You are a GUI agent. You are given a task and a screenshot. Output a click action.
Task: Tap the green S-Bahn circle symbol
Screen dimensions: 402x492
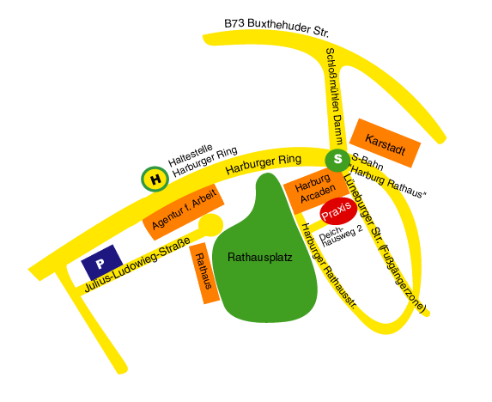click(x=337, y=159)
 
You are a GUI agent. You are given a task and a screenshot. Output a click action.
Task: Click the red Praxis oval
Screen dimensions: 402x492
click(x=337, y=213)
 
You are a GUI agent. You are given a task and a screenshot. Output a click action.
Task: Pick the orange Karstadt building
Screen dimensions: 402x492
click(x=385, y=142)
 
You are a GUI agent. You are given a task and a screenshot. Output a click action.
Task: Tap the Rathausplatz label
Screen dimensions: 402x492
click(x=259, y=257)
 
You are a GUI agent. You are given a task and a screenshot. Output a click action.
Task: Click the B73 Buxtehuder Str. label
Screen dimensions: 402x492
click(x=276, y=25)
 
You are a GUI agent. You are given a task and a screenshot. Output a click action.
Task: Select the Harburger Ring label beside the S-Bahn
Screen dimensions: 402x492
click(x=264, y=164)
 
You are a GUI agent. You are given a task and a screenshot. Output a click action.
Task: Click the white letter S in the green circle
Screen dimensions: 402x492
click(x=337, y=159)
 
